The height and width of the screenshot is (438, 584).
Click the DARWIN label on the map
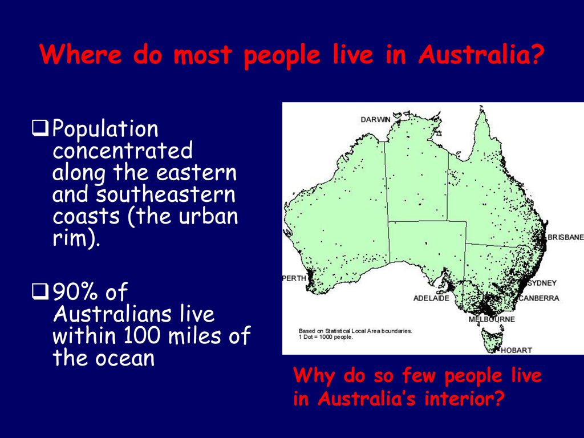(x=375, y=120)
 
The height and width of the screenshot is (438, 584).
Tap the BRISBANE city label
(x=565, y=237)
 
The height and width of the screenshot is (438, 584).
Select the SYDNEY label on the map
(x=542, y=283)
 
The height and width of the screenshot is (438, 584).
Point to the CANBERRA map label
(x=539, y=298)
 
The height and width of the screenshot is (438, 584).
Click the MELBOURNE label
(x=492, y=319)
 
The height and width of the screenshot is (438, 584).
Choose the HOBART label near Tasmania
(x=516, y=350)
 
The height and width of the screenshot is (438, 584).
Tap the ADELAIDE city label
(x=431, y=298)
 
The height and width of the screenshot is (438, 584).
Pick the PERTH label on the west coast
(x=294, y=278)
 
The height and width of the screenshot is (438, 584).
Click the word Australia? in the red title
(x=480, y=55)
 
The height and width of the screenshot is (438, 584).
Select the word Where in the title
(x=81, y=55)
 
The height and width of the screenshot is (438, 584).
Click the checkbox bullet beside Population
(x=40, y=128)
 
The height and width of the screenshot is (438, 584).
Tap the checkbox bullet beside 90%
(x=40, y=291)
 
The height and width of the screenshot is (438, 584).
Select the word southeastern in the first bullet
(x=166, y=194)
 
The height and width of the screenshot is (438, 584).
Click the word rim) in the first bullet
(x=76, y=238)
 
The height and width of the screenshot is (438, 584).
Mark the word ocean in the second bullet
(x=125, y=358)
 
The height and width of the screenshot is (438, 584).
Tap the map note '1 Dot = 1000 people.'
(x=326, y=337)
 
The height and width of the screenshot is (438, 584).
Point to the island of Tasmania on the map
(x=492, y=339)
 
